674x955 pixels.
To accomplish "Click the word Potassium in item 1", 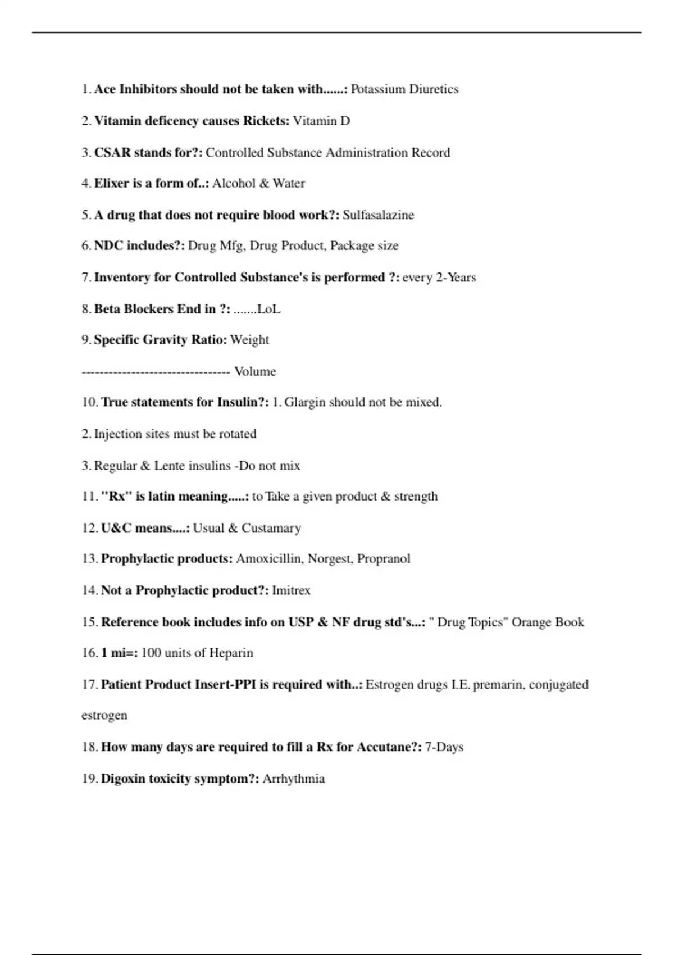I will [378, 89].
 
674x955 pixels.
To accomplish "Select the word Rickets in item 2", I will [266, 121].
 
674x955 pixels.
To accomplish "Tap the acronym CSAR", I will [112, 153].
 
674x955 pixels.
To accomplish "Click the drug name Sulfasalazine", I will [378, 215].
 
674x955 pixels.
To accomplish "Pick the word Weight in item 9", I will [249, 340].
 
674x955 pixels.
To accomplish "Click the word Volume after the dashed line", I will [255, 372].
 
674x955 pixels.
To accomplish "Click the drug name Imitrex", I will [291, 590].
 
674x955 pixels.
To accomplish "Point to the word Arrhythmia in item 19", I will [294, 779].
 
